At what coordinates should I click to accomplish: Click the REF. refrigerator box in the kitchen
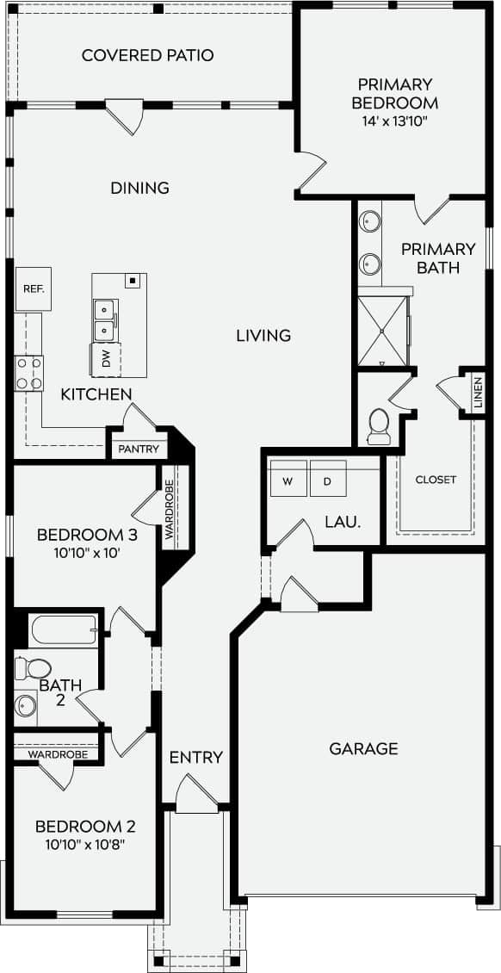pyautogui.click(x=33, y=289)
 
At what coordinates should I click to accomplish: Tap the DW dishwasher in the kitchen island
pyautogui.click(x=106, y=359)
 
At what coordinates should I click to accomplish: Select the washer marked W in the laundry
pyautogui.click(x=288, y=480)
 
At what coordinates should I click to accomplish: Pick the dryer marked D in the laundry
pyautogui.click(x=327, y=480)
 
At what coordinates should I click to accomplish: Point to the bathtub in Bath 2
pyautogui.click(x=64, y=630)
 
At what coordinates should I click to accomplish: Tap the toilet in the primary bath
pyautogui.click(x=379, y=424)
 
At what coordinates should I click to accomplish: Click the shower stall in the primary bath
pyautogui.click(x=383, y=330)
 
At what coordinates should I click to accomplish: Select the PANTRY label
pyautogui.click(x=138, y=449)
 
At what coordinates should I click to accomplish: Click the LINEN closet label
pyautogui.click(x=478, y=393)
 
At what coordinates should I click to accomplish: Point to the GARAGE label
pyautogui.click(x=363, y=748)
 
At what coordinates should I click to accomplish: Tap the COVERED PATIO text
pyautogui.click(x=147, y=56)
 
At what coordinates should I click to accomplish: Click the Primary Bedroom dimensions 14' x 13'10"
pyautogui.click(x=397, y=121)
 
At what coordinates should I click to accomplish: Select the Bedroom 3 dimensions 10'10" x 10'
pyautogui.click(x=87, y=553)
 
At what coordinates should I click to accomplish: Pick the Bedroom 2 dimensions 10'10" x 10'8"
pyautogui.click(x=85, y=846)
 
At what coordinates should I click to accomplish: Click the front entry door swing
pyautogui.click(x=195, y=793)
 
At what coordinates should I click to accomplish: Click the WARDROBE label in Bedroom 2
pyautogui.click(x=58, y=754)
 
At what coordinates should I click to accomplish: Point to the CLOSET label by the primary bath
pyautogui.click(x=436, y=480)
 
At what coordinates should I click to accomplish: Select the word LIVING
pyautogui.click(x=263, y=335)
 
